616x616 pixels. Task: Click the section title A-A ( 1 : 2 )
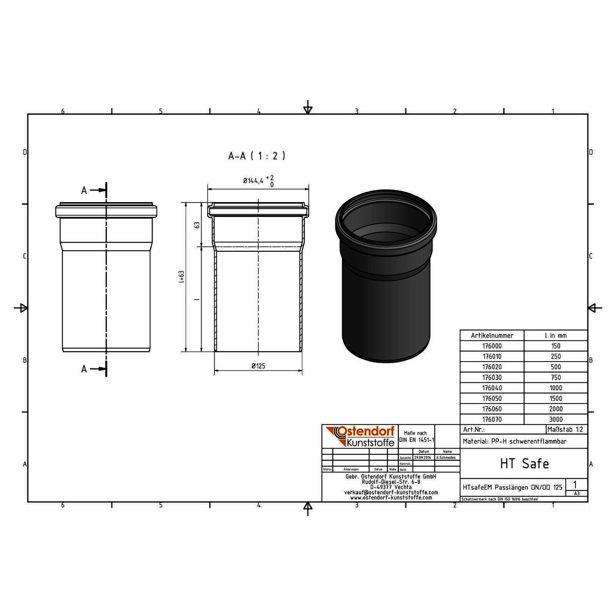pos(257,156)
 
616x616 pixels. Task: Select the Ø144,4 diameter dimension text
pos(253,181)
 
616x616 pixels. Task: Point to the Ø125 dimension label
pos(258,366)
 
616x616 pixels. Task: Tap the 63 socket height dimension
pos(197,225)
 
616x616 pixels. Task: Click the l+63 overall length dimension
pos(181,276)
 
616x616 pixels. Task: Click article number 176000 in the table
pos(492,346)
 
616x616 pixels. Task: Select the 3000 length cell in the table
pos(556,419)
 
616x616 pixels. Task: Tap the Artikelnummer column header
pos(492,335)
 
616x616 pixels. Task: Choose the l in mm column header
pos(556,335)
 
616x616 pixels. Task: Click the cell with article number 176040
pos(492,388)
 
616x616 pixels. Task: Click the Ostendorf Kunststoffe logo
pos(360,436)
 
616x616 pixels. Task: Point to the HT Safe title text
pos(524,464)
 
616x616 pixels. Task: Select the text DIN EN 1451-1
pos(417,440)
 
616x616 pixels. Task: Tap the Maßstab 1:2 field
pos(567,429)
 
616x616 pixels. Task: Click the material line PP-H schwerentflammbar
pos(514,442)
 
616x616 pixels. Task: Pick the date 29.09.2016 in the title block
pos(422,458)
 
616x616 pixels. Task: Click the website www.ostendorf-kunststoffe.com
pos(391,497)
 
